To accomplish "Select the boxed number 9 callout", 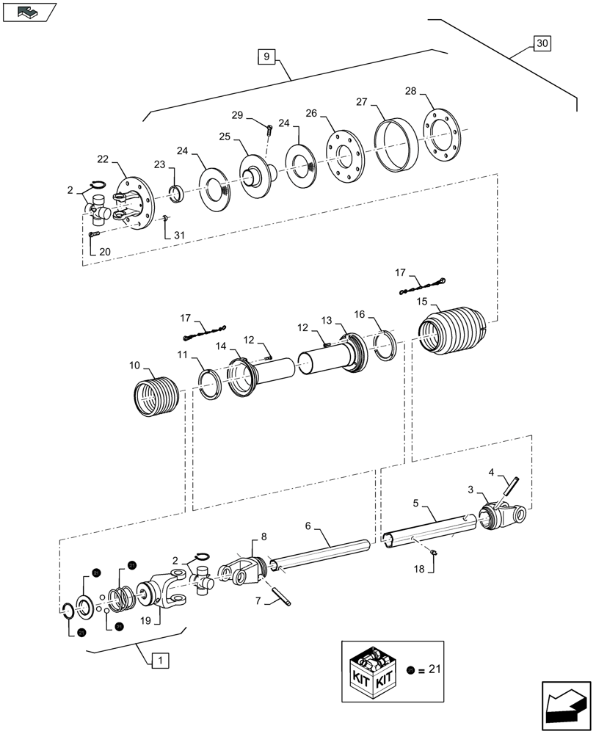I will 266,55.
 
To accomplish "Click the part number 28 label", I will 410,91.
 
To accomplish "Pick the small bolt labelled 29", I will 269,130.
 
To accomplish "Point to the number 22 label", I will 102,160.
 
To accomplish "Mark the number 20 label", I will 104,251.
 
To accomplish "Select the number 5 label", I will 415,504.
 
